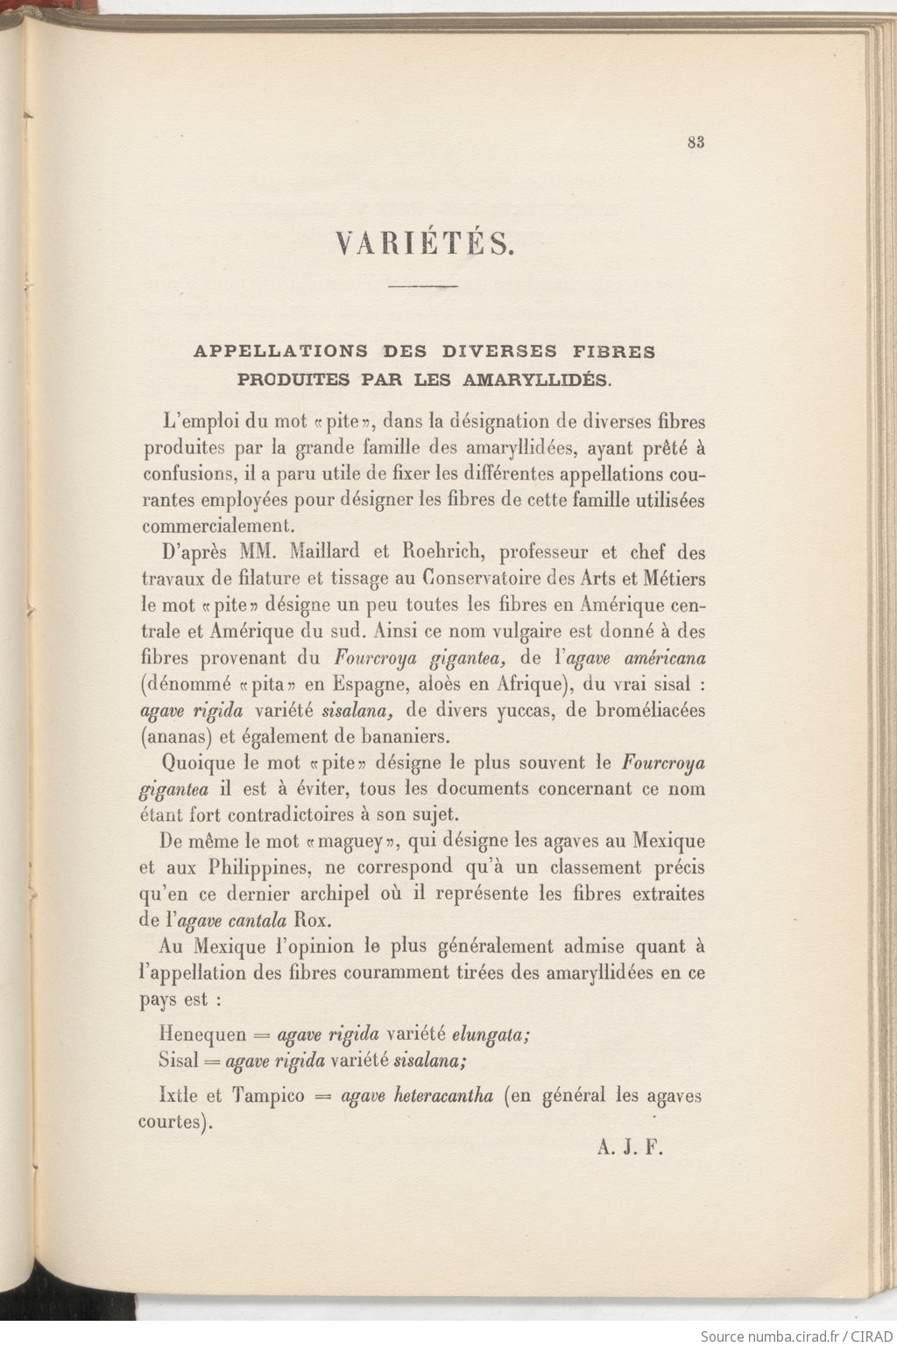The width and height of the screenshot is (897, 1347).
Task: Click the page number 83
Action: point(696,144)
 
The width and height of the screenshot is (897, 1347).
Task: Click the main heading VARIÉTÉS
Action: point(425,244)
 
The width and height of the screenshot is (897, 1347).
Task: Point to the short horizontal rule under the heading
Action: point(423,286)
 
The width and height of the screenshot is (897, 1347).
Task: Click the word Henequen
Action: point(202,1034)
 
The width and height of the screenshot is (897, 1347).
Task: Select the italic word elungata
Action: point(490,1034)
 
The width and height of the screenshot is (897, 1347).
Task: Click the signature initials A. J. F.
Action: point(630,1148)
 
